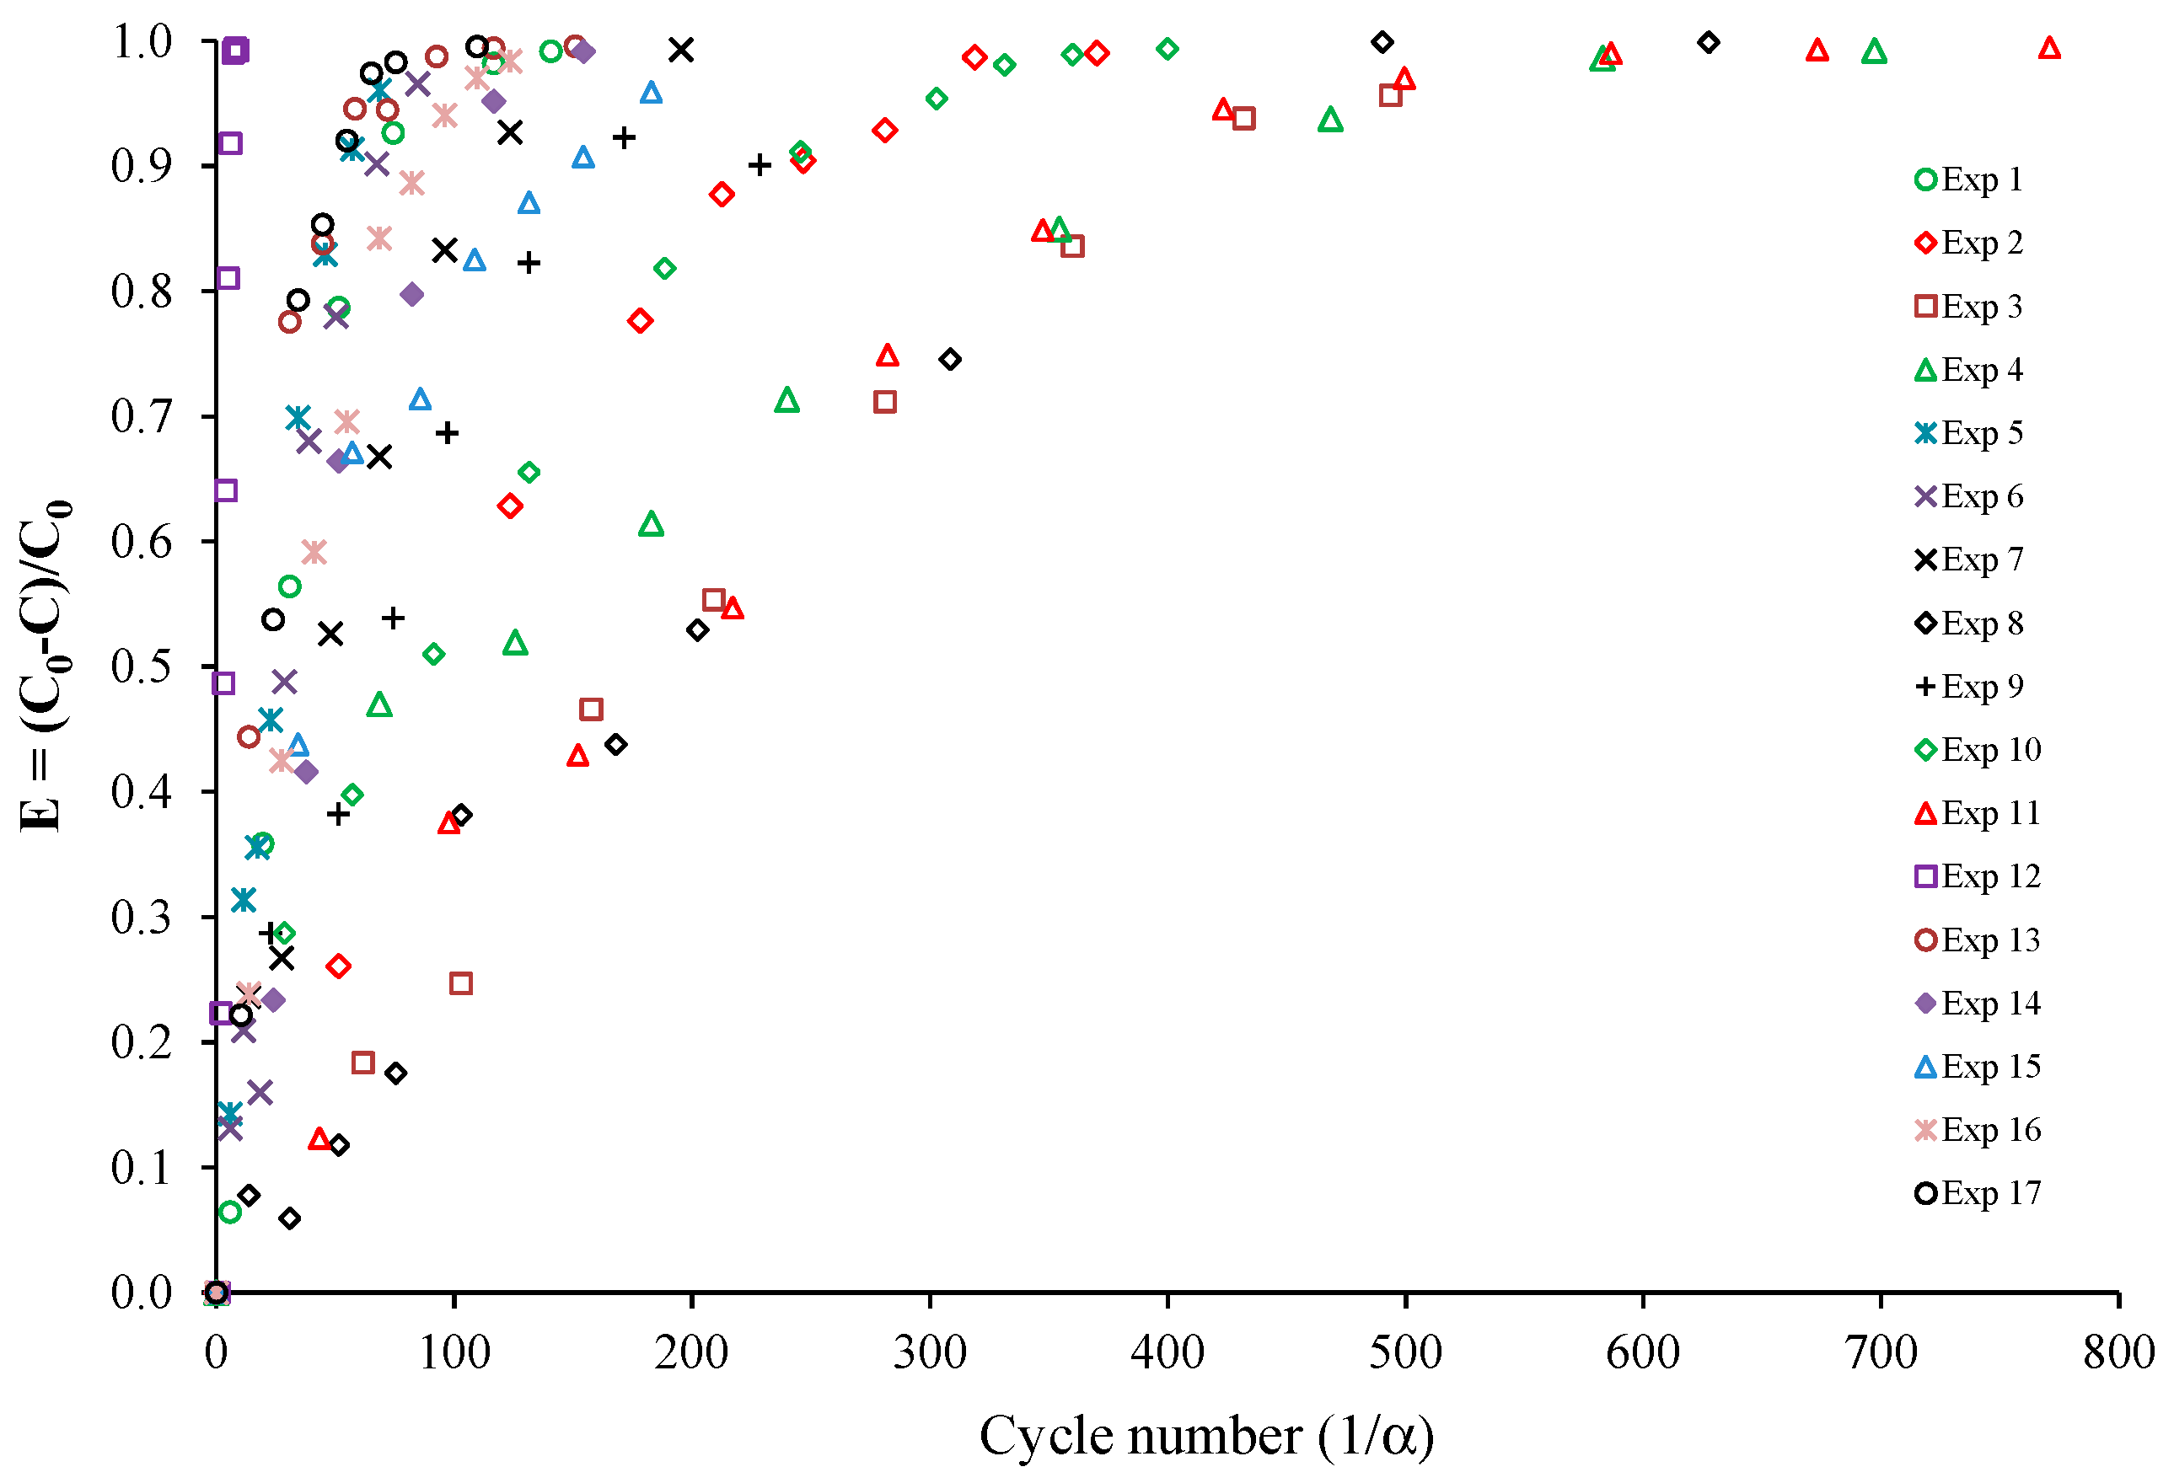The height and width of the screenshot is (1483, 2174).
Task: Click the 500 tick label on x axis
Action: coord(1405,1353)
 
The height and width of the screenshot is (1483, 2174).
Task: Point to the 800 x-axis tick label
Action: coord(2118,1353)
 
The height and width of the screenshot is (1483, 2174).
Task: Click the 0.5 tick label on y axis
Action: coord(142,667)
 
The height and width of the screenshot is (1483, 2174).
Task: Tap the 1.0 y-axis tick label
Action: coord(142,41)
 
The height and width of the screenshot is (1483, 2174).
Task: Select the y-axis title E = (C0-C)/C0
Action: coord(43,667)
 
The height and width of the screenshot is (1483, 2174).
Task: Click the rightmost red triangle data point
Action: coord(2049,48)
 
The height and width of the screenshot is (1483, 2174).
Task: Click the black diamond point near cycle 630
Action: coord(1708,42)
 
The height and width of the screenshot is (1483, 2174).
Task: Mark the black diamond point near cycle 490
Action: coord(1382,42)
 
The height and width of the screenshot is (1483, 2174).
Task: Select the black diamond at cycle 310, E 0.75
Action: coord(950,359)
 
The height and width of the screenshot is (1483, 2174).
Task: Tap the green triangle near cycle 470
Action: coord(1330,120)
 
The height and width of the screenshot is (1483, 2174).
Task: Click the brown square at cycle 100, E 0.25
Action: coord(460,983)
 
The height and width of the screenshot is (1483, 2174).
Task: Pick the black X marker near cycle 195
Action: coord(681,50)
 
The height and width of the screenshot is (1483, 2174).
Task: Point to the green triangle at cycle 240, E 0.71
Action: coord(786,400)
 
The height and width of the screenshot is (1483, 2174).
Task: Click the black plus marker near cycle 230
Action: coord(760,165)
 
